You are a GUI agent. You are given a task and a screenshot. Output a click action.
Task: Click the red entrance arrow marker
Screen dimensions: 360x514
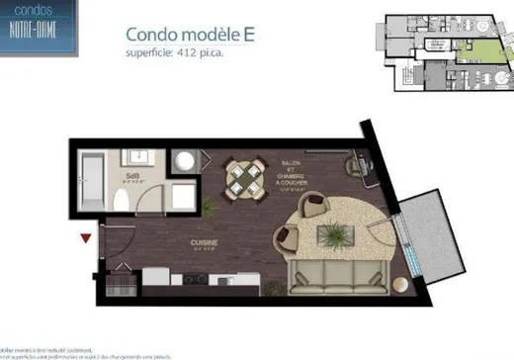tap(86, 237)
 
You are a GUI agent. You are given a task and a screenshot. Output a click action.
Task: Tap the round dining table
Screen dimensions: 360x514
tap(243, 178)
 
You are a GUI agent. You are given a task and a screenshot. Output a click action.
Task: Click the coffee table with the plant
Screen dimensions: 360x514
tap(336, 233)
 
